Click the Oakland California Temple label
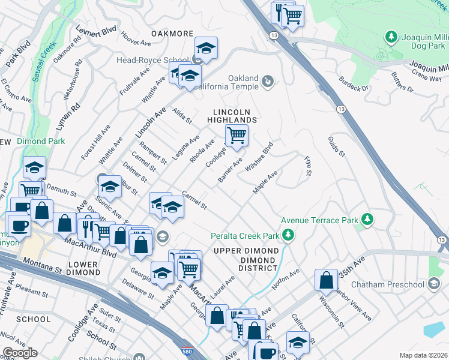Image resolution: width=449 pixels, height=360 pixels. (x=243, y=83)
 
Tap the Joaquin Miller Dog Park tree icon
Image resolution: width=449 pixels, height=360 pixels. (x=392, y=38)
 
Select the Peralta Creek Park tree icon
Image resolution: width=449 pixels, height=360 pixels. (x=289, y=234)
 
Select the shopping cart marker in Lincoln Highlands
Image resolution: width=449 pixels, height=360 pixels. (x=237, y=136)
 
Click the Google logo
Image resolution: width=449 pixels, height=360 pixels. (x=20, y=353)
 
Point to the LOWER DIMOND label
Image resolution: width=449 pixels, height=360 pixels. (x=76, y=268)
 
